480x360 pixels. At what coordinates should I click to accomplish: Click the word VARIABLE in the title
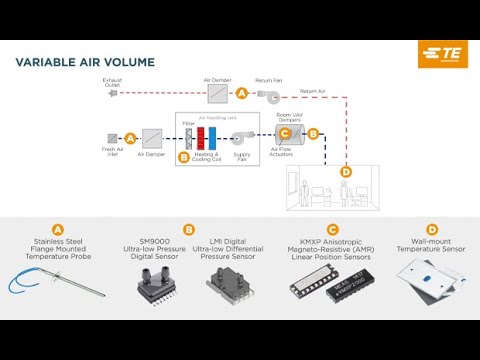tap(50, 62)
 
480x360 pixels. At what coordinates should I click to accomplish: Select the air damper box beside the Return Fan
tap(219, 93)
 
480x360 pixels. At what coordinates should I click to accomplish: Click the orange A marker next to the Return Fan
tap(241, 93)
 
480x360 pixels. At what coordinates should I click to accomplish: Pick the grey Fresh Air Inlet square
tap(112, 138)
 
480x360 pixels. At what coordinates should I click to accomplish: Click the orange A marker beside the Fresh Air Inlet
tap(129, 138)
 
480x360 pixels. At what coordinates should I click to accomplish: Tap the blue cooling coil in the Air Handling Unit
tap(212, 138)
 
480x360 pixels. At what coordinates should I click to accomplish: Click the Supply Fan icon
tap(241, 138)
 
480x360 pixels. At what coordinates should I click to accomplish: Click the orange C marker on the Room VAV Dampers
tap(284, 133)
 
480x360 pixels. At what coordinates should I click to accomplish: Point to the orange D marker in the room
tap(346, 171)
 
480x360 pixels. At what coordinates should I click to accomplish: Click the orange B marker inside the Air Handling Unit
tap(183, 156)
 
